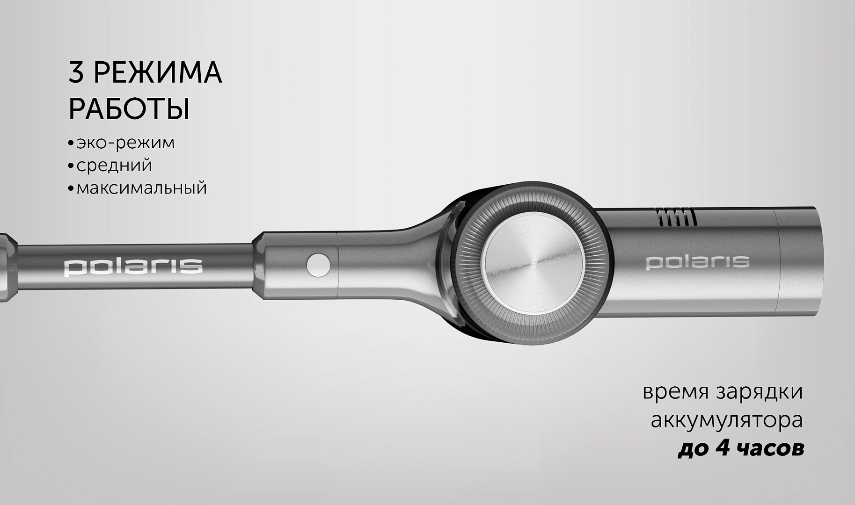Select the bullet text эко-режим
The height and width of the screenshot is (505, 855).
pyautogui.click(x=125, y=143)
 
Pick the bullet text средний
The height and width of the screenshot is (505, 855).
pyautogui.click(x=114, y=166)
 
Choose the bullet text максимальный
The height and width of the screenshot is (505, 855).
pyautogui.click(x=141, y=188)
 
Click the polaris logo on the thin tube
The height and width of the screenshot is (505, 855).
pyautogui.click(x=133, y=267)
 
